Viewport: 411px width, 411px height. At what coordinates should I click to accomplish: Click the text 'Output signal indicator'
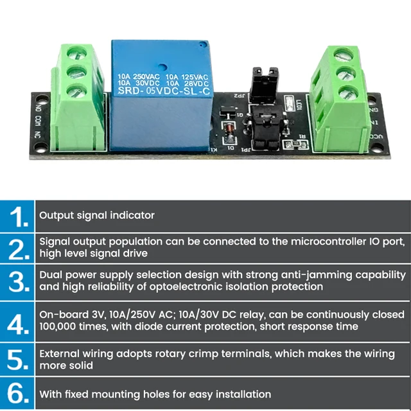(x=97, y=216)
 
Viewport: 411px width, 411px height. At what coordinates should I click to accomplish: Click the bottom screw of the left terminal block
(x=76, y=91)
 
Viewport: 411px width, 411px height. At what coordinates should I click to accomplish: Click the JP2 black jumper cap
(x=263, y=83)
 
